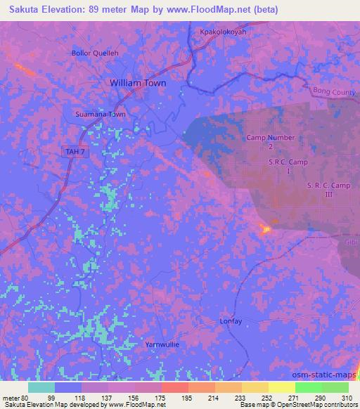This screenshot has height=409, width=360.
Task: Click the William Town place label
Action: point(138,82)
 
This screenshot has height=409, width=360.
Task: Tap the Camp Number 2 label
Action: point(270,142)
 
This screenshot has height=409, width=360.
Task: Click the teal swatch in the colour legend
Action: point(41,387)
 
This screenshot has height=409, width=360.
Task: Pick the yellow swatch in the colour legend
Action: point(281,387)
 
